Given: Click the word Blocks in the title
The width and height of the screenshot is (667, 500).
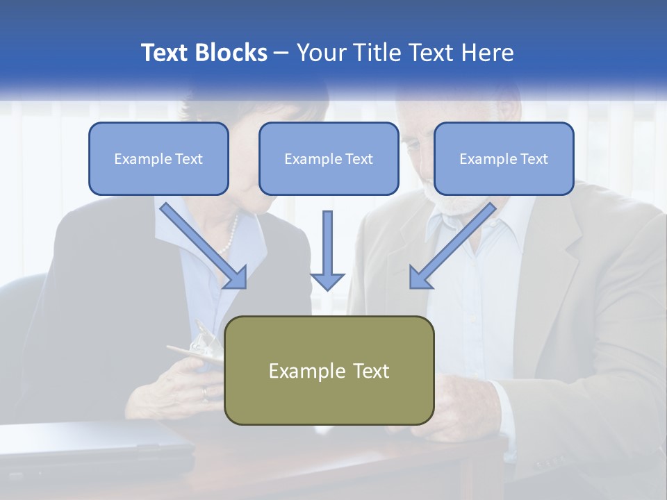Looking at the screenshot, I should tap(232, 53).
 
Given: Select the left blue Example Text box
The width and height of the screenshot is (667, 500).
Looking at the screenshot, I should tap(158, 158).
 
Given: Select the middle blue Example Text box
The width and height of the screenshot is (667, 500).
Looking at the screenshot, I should tap(329, 158).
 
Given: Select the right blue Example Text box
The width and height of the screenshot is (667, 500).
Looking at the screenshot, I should tap(504, 158).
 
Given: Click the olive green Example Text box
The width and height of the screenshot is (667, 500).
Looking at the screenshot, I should tap(329, 370).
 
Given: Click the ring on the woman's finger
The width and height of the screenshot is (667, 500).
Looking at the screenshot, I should tap(204, 392).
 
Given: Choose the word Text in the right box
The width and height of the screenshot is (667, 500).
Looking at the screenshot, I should tap(534, 158).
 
